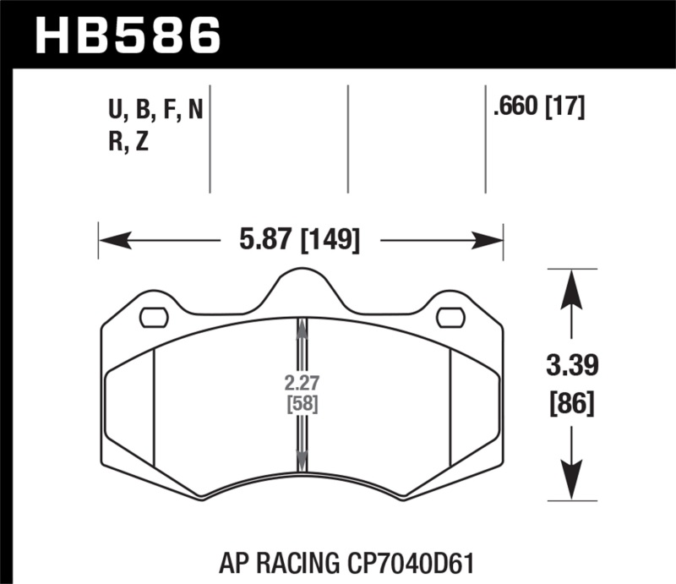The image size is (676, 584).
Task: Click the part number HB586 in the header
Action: (x=127, y=35)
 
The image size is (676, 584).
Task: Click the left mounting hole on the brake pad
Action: (x=153, y=318)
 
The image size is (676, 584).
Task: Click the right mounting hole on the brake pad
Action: (x=450, y=318)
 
